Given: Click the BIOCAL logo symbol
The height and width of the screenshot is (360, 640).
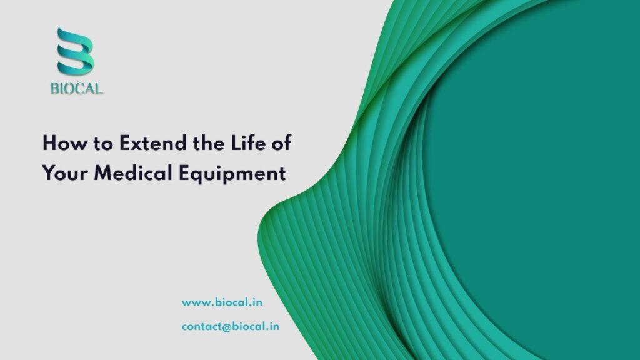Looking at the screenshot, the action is point(76,51).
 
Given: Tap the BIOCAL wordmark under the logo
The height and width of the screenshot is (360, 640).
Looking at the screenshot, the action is point(76,89).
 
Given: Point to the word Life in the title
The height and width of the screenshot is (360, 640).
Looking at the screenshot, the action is point(249,143).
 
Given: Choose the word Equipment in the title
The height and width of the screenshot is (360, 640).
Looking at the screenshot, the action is point(232,173).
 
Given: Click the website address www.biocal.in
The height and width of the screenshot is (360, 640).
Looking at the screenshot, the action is point(222,302).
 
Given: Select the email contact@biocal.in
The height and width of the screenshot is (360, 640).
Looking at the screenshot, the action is point(231,326).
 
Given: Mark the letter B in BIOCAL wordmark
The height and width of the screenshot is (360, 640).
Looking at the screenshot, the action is point(54,89).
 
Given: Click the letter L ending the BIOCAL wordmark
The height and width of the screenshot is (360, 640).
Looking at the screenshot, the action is point(98,89).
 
